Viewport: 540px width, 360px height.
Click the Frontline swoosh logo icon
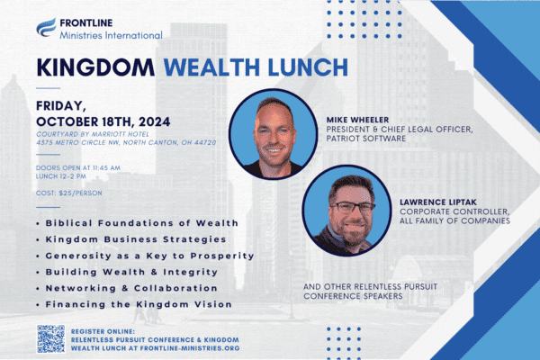(x=46, y=27)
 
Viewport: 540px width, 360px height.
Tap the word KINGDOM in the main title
(x=95, y=67)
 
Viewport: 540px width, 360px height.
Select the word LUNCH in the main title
(x=308, y=67)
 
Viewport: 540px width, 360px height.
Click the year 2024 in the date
(x=155, y=121)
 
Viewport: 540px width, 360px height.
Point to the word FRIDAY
(x=61, y=106)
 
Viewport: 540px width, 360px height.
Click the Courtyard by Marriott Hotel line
(x=93, y=134)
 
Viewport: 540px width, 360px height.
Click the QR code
(x=51, y=339)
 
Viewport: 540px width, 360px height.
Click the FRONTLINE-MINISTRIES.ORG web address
(x=190, y=348)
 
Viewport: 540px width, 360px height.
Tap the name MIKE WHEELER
(x=358, y=120)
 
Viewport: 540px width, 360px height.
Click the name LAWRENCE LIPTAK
(x=438, y=202)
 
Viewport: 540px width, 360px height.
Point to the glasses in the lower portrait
(x=352, y=207)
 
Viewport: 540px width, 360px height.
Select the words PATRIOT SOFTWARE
(x=366, y=138)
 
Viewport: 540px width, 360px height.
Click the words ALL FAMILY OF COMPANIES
(x=454, y=220)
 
